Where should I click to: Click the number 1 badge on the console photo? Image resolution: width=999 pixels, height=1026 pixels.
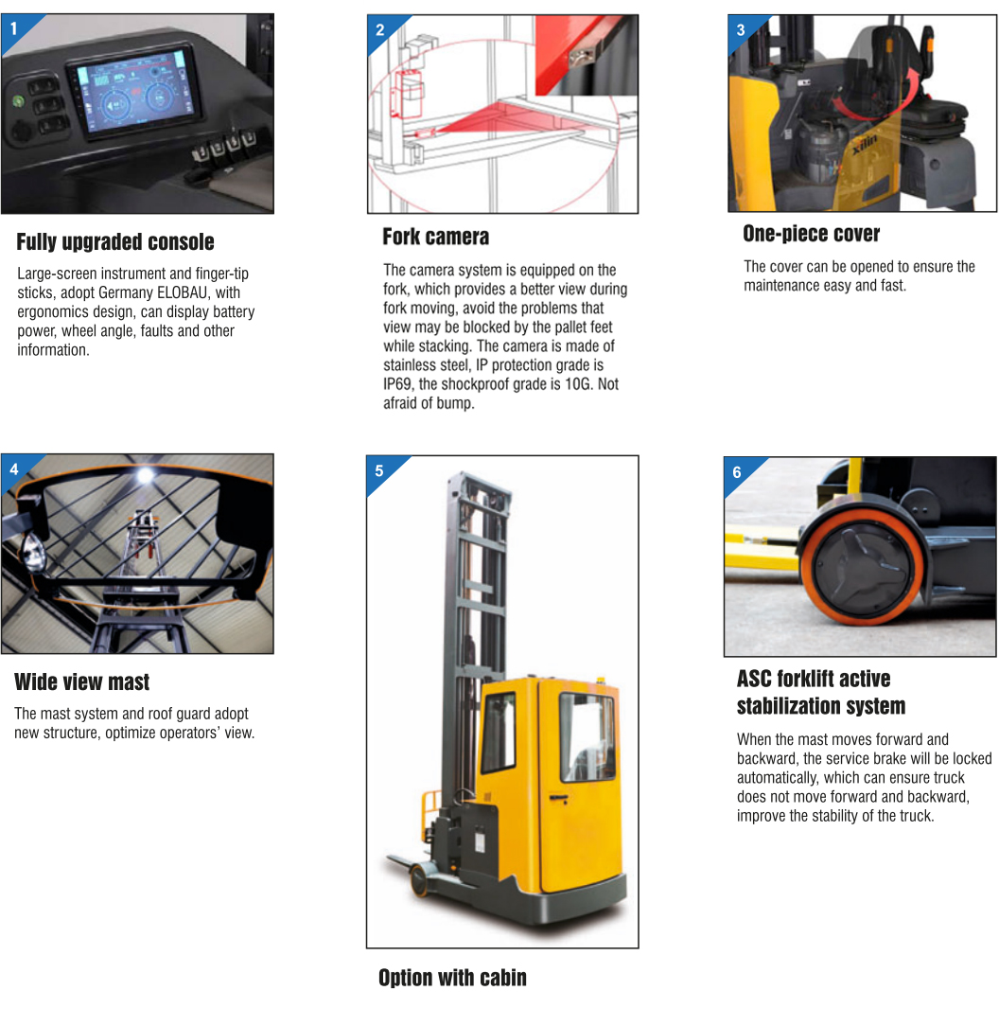pyautogui.click(x=14, y=28)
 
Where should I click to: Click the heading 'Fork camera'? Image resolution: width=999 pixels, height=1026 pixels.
pyautogui.click(x=436, y=237)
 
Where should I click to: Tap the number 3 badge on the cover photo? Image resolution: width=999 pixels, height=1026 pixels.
pyautogui.click(x=741, y=30)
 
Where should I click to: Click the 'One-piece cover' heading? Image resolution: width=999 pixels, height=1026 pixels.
pyautogui.click(x=812, y=234)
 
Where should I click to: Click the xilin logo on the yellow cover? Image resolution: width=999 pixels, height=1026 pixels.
pyautogui.click(x=865, y=144)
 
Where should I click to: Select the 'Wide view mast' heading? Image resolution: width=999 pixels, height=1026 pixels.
pyautogui.click(x=81, y=681)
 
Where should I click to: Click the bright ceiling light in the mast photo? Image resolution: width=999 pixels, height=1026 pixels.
pyautogui.click(x=145, y=475)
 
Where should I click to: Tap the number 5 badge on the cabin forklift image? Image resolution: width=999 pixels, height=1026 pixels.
pyautogui.click(x=378, y=471)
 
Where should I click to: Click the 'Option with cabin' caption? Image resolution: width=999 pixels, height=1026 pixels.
pyautogui.click(x=453, y=978)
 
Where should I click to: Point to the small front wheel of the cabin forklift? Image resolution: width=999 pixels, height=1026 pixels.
pyautogui.click(x=419, y=880)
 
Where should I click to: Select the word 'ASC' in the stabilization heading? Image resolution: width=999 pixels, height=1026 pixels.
pyautogui.click(x=754, y=680)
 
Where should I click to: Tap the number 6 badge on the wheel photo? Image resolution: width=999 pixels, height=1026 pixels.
pyautogui.click(x=737, y=472)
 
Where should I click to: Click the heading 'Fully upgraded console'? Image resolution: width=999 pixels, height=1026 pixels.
pyautogui.click(x=115, y=242)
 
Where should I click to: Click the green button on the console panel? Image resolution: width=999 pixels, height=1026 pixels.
pyautogui.click(x=18, y=101)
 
